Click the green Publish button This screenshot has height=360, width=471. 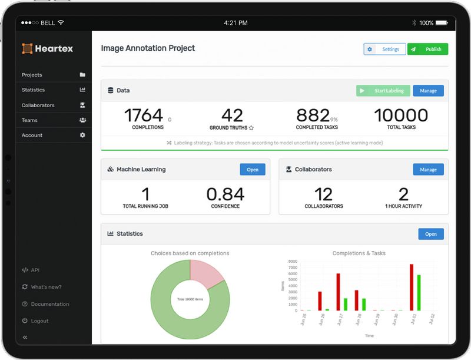427,49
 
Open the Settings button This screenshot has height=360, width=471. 384,49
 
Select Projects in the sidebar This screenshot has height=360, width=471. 32,75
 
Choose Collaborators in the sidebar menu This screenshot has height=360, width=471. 38,105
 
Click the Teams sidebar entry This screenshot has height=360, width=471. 29,120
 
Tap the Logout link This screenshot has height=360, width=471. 39,321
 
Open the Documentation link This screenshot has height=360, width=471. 49,304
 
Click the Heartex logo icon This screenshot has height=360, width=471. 27,48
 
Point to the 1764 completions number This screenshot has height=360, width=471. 144,115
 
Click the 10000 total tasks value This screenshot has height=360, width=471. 401,115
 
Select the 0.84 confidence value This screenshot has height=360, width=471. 225,194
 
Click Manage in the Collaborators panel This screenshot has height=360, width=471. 428,170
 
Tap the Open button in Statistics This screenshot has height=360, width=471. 430,234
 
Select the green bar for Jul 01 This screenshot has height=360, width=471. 419,292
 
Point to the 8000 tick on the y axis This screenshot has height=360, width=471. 293,261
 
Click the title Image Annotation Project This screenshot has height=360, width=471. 148,48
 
